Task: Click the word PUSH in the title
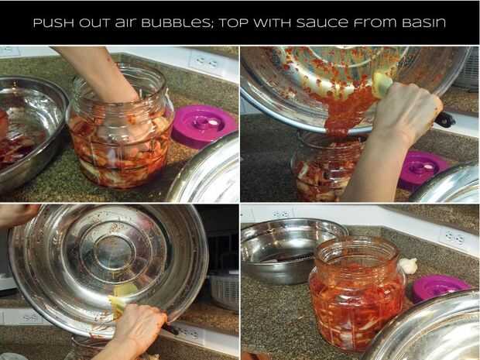point(53,23)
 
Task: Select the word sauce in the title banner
point(322,23)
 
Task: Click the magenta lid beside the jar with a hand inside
point(204,125)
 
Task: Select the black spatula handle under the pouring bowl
point(444,119)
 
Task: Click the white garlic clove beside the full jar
point(409,266)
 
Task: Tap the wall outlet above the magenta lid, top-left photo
point(206,63)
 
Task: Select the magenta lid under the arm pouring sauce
point(424,169)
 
